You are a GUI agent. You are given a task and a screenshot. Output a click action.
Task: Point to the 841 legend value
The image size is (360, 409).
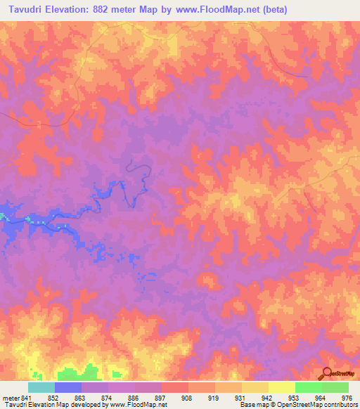[x=25, y=398]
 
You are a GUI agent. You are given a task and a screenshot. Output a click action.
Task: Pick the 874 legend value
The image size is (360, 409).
[x=105, y=398]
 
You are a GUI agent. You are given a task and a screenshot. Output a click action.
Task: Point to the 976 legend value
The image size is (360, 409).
[x=346, y=398]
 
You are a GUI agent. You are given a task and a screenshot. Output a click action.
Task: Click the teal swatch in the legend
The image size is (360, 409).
[x=41, y=387]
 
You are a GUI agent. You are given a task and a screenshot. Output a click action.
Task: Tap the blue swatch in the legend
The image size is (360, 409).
[x=68, y=387]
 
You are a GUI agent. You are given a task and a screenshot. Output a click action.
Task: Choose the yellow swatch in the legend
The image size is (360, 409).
[x=282, y=387]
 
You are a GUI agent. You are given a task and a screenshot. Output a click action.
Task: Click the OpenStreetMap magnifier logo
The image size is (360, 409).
[x=326, y=373]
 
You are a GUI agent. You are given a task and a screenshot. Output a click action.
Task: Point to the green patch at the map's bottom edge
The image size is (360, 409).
[x=77, y=372]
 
